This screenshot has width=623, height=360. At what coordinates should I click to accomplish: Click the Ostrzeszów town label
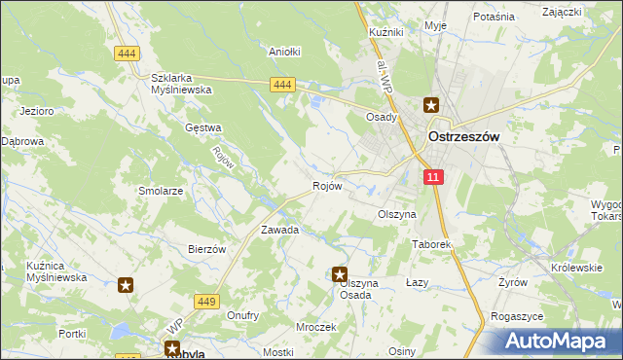pos(463,137)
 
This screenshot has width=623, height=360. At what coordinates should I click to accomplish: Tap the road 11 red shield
pos(434,176)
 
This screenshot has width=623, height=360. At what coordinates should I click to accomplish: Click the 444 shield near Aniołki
pos(282,86)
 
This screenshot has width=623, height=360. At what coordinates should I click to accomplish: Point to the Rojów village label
pos(326,186)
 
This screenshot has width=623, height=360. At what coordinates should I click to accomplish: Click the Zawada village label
pos(278,231)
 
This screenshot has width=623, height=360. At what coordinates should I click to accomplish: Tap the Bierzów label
pos(206,249)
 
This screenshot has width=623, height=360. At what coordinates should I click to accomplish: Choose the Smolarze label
pos(161,192)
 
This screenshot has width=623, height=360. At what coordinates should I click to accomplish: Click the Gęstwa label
pos(203,127)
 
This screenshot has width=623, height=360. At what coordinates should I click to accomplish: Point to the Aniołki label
pos(284,52)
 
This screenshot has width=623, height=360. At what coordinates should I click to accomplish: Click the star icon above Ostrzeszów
pos(430,105)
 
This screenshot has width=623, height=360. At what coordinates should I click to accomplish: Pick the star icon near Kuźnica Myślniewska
pos(126,285)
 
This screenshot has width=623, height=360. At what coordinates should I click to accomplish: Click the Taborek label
pos(432,245)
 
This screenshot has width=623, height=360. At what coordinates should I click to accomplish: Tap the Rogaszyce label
pos(516,316)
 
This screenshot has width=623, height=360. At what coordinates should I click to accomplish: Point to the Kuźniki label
pos(386,32)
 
